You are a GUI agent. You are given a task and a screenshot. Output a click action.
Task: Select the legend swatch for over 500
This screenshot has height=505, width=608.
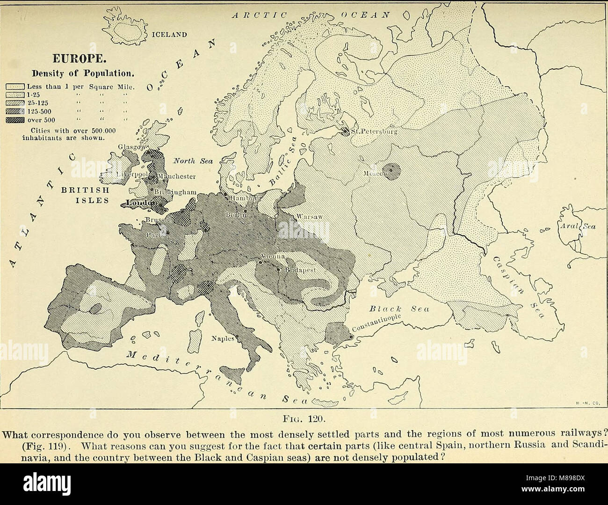click(15, 120)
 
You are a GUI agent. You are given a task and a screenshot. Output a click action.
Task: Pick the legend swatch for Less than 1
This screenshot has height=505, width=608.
click(15, 87)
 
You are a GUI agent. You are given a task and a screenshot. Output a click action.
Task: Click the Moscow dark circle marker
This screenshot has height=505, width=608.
click(392, 170)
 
